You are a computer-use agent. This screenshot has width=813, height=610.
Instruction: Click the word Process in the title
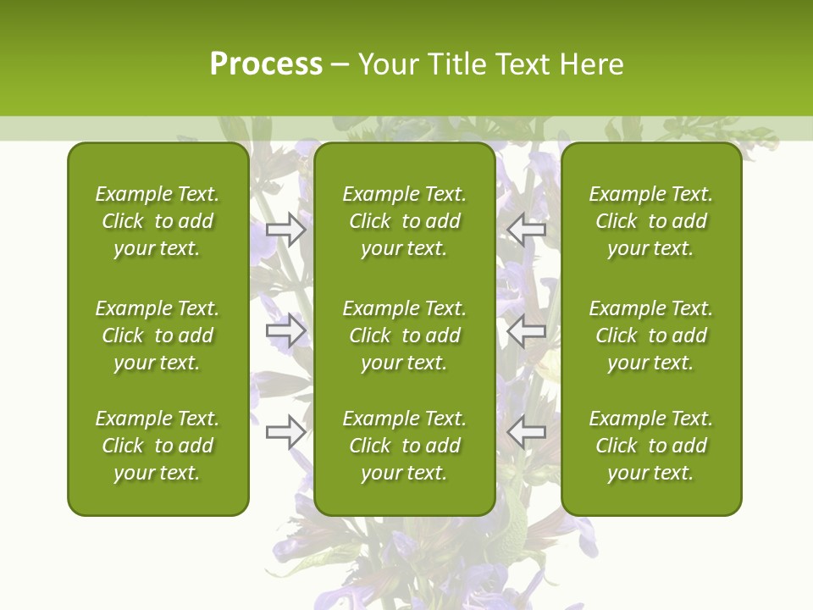point(266,64)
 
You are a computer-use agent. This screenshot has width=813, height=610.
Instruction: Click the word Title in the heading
point(456,64)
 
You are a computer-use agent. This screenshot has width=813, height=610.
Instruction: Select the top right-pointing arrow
point(285,229)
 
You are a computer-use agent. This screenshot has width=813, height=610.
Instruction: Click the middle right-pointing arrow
point(285,330)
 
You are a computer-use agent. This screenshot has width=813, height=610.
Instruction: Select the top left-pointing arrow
point(527,229)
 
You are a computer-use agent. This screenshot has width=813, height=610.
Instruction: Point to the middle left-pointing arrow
point(527,330)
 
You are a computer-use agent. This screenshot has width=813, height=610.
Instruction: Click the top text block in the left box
point(158,221)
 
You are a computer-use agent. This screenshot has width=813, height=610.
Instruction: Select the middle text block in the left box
point(158,335)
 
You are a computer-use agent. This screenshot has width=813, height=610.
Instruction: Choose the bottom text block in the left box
point(158,446)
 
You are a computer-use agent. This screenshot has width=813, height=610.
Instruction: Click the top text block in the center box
point(405,221)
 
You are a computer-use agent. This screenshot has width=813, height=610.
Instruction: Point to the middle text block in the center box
point(405,335)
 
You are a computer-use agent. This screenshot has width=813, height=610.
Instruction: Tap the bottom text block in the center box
point(405,446)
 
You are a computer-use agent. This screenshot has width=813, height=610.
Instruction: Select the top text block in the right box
point(651,221)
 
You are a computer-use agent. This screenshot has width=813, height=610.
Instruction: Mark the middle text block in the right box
point(651,335)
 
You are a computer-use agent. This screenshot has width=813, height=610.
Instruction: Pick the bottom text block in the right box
point(651,446)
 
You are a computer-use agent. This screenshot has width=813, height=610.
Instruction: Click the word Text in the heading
point(523,64)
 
